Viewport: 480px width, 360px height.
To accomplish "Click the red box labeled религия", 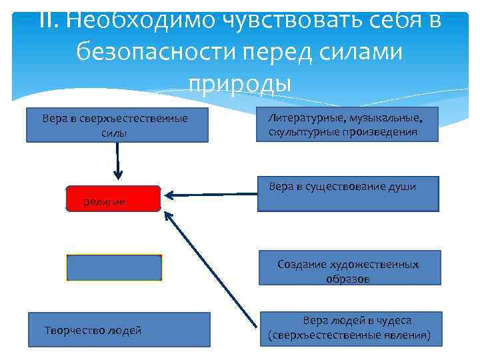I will click(x=114, y=199).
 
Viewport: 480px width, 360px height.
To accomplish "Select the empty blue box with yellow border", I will click(x=114, y=267).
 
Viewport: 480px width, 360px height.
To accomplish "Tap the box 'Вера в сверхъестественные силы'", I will click(x=117, y=125).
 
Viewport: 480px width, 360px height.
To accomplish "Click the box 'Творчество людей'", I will click(x=119, y=330).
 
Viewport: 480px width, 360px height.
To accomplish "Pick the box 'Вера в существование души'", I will click(x=348, y=193).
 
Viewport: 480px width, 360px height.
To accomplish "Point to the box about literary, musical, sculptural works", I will click(x=349, y=125).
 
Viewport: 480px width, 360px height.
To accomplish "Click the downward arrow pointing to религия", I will click(x=118, y=160).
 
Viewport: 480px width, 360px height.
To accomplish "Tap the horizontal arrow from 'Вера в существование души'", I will click(x=211, y=195).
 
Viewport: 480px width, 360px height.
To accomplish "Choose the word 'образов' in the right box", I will click(x=348, y=279).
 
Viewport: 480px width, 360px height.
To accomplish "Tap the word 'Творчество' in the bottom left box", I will click(x=71, y=330).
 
